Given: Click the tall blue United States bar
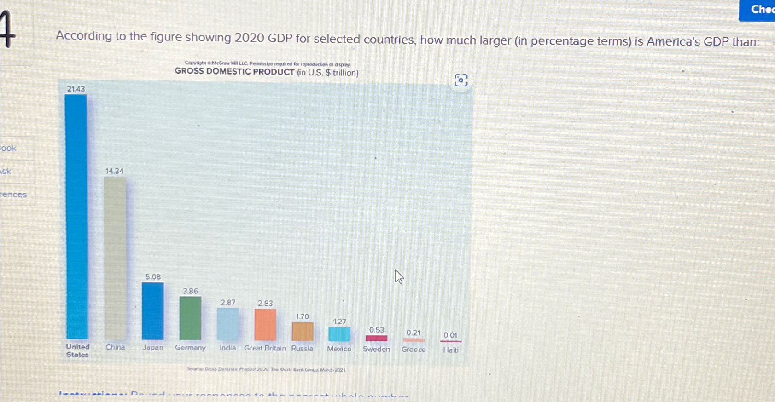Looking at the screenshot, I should [x=76, y=216].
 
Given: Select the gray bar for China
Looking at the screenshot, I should [x=115, y=258].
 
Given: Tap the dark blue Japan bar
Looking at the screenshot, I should [x=152, y=310].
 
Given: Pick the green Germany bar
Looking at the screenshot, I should [x=190, y=318].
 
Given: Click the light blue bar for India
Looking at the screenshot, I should [x=227, y=324].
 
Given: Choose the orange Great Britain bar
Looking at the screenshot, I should [x=265, y=324].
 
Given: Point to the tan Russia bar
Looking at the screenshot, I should [x=302, y=331].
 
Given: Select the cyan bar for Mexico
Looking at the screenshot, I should [x=339, y=334].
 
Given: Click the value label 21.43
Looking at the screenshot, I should [x=76, y=89].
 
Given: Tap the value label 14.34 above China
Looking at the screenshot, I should [x=114, y=171].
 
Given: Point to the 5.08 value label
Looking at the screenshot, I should [x=153, y=277].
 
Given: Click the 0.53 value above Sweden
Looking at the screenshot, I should [x=377, y=330].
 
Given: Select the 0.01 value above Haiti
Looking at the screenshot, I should [x=450, y=335].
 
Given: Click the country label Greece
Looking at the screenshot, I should [x=414, y=350].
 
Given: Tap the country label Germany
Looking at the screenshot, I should [x=190, y=348].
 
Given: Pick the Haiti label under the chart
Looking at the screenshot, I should [x=451, y=350].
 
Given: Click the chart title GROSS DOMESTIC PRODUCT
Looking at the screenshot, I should [x=266, y=72].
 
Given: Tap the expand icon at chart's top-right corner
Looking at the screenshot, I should [x=461, y=80].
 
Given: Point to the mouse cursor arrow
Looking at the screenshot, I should [x=398, y=276].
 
